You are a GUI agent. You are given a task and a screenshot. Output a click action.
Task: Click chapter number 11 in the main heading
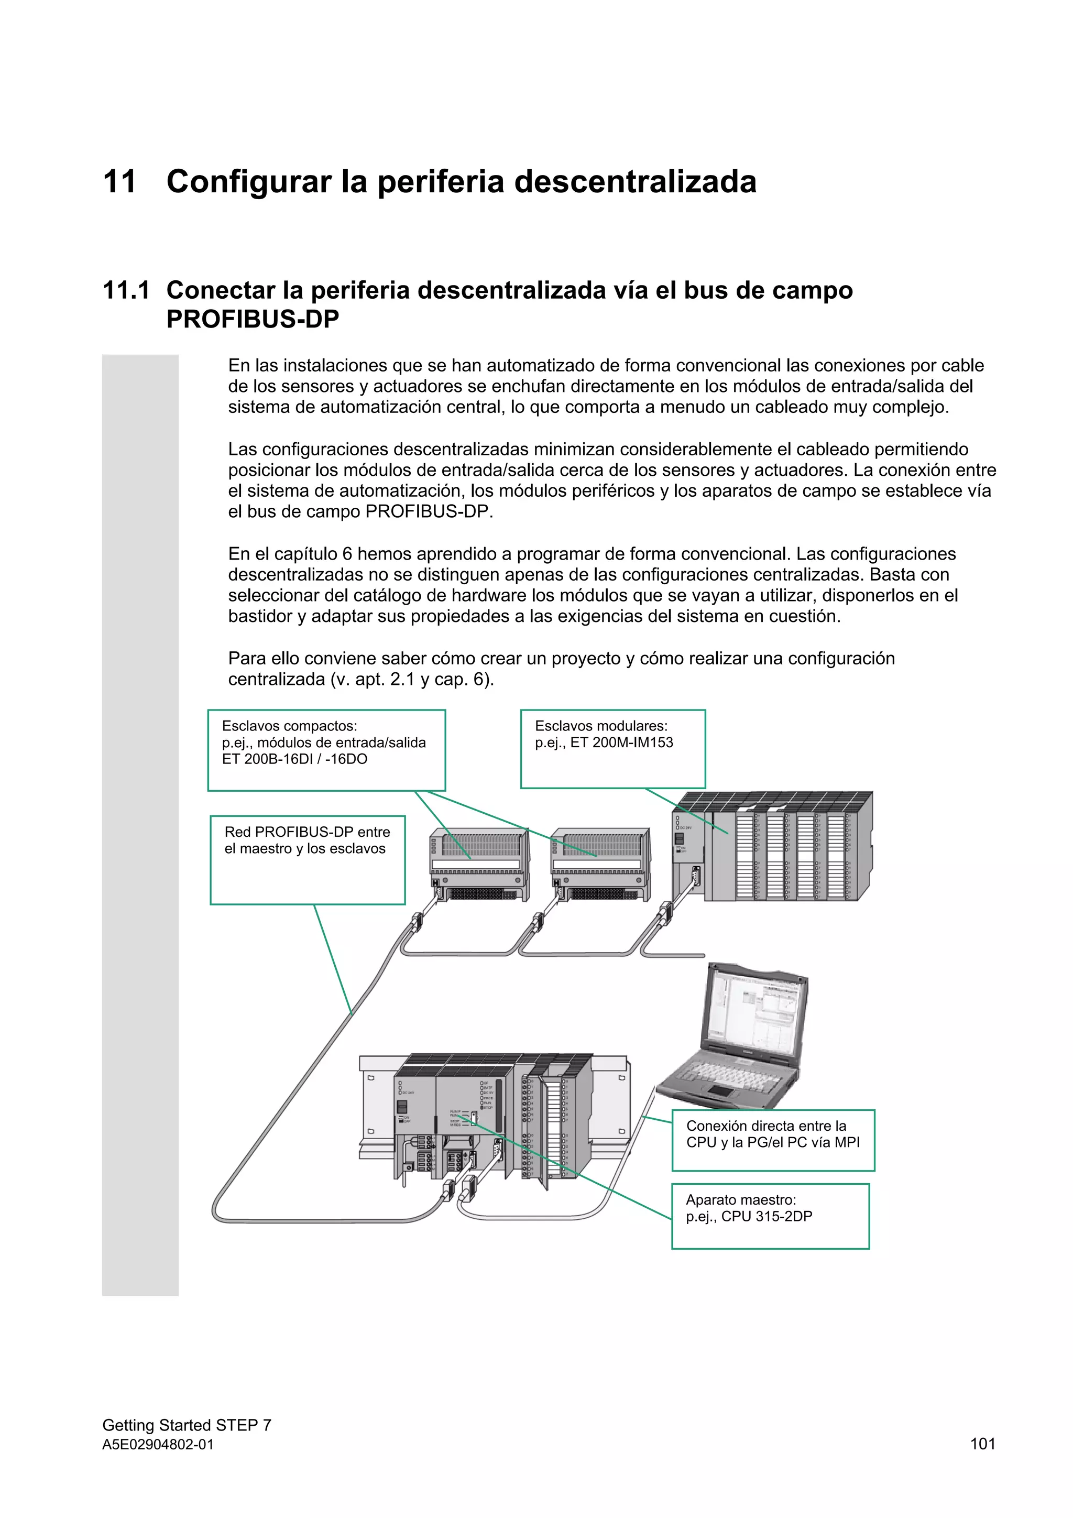point(119,182)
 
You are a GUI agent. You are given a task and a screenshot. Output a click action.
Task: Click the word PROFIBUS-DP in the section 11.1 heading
point(253,319)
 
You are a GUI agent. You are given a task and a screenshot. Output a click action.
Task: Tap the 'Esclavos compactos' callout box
point(326,750)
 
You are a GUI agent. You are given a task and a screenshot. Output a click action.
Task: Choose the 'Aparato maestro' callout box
point(770,1216)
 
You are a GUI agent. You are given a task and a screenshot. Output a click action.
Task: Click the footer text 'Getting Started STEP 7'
point(187,1425)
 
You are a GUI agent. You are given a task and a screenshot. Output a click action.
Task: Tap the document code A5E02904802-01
point(158,1445)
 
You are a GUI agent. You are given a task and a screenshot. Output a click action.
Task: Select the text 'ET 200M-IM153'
point(621,742)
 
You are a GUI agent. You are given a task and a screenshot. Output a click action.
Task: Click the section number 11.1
point(126,290)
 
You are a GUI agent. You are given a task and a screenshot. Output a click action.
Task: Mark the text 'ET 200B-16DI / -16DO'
point(295,759)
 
